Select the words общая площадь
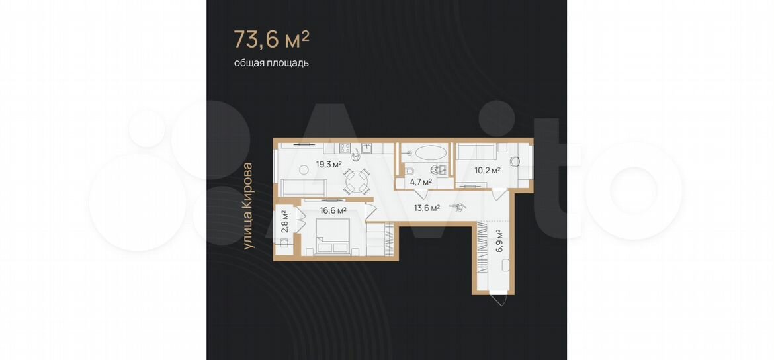coord(271,63)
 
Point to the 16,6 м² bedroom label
coord(333,210)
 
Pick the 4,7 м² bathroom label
coord(421,182)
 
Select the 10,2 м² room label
coord(488,171)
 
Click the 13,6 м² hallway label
coord(427,208)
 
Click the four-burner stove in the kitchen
coord(345,147)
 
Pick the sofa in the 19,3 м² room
coord(304,188)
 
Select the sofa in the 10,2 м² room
coord(476,151)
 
